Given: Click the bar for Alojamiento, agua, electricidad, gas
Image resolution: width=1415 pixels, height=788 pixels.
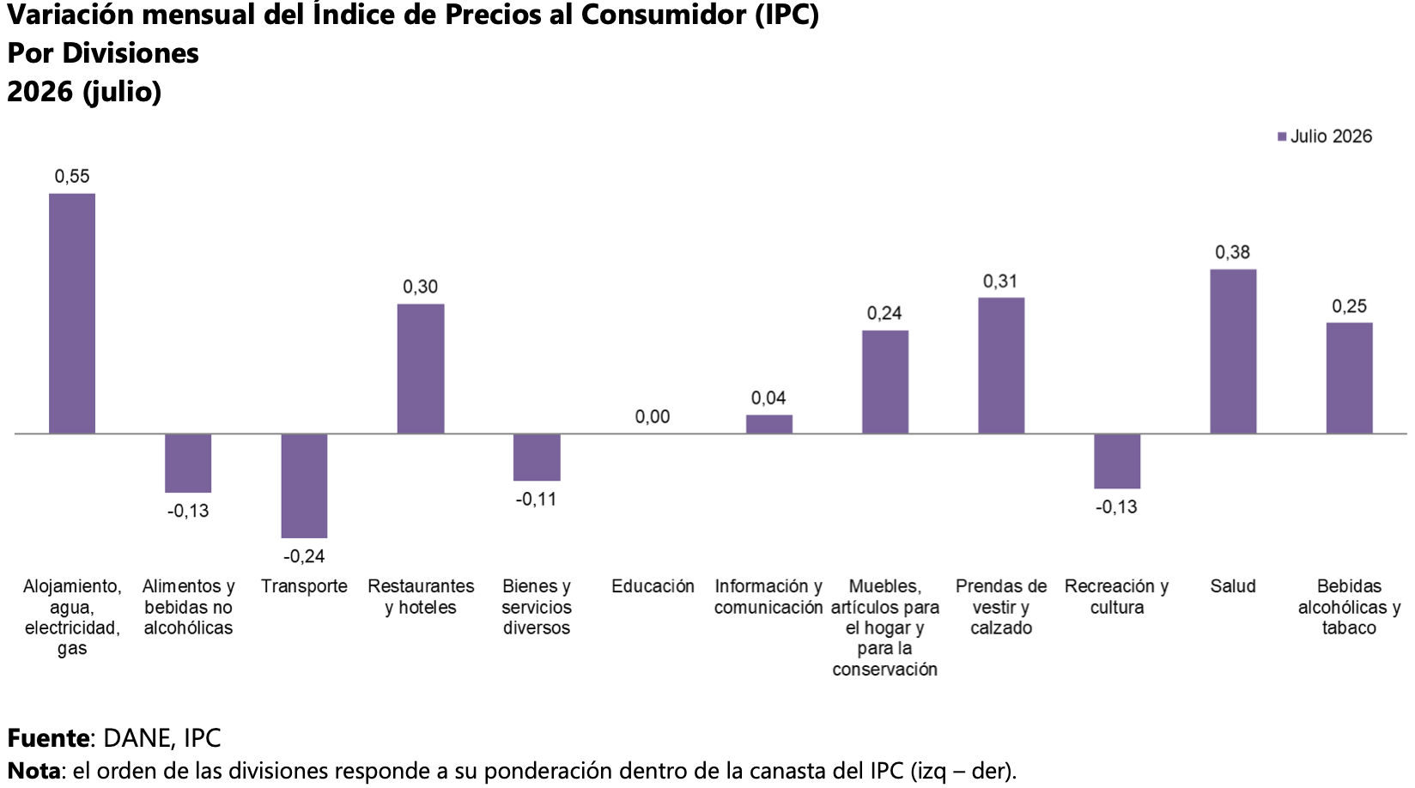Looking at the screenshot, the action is click(72, 313).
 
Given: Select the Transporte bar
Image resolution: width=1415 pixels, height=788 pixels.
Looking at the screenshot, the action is click(305, 486).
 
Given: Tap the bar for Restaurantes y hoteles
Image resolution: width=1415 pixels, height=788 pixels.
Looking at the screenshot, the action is click(421, 369).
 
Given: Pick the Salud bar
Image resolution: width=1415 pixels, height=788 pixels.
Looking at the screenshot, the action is click(1233, 351).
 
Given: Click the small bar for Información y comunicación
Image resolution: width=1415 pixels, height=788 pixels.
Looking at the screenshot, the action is click(768, 424).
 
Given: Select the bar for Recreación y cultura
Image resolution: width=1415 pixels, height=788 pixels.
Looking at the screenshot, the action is click(1117, 461).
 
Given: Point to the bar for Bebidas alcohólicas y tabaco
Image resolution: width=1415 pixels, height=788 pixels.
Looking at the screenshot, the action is click(1349, 379).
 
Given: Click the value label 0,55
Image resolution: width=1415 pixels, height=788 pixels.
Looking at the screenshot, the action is click(72, 176).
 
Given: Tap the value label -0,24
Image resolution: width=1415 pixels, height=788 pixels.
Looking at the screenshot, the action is click(304, 556).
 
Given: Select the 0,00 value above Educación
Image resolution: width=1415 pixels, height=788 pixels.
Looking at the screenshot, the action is click(653, 416).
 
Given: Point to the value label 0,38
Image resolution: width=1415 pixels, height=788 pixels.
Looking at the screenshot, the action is click(1232, 252).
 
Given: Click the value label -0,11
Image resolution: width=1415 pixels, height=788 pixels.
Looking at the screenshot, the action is click(537, 500).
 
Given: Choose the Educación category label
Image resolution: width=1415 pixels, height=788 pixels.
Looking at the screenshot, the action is click(653, 586).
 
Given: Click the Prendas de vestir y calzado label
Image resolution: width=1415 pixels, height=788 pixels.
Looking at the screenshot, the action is click(1001, 607).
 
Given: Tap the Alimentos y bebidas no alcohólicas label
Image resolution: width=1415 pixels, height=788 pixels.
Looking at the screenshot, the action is click(188, 607).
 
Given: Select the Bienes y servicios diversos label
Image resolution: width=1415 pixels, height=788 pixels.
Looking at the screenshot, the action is click(537, 607).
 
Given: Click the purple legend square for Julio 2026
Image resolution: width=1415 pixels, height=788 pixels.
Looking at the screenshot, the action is click(1282, 136).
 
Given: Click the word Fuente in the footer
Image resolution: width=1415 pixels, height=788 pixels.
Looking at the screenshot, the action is click(48, 737).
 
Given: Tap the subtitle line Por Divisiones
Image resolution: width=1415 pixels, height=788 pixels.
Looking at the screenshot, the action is click(103, 53).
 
